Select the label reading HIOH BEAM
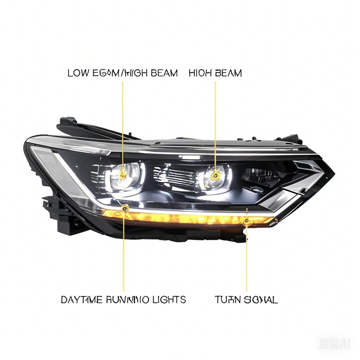click(x=215, y=73)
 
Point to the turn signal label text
click(x=246, y=300)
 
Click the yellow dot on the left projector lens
click(x=123, y=174)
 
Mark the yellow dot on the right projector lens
click(x=215, y=175)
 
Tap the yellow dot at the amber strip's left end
click(x=124, y=208)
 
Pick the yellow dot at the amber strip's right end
click(x=246, y=222)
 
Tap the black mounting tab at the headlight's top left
click(x=67, y=123)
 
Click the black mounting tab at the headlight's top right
click(x=291, y=139)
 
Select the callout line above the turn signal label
click(x=246, y=259)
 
